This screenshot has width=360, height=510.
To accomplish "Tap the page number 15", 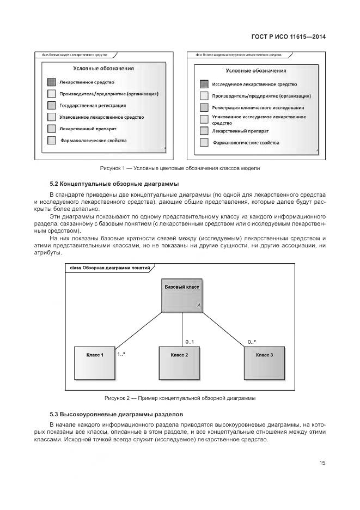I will pos(322,463).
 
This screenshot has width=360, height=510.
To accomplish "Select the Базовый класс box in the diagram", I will pos(181,296).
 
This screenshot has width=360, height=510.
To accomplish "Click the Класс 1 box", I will pos(94,363).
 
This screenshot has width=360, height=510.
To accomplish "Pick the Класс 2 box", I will pos(179,363).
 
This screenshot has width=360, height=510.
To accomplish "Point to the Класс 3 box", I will pos(264,363).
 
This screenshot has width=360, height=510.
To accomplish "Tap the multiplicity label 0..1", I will pos(190,342).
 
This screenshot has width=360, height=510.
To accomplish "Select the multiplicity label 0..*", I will pos(252,342).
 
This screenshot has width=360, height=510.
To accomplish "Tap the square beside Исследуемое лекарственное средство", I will pos(204,84).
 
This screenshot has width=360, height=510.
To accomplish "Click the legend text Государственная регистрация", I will pos(93,105).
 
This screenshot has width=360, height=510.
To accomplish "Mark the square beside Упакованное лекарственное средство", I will pos(51,117).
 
